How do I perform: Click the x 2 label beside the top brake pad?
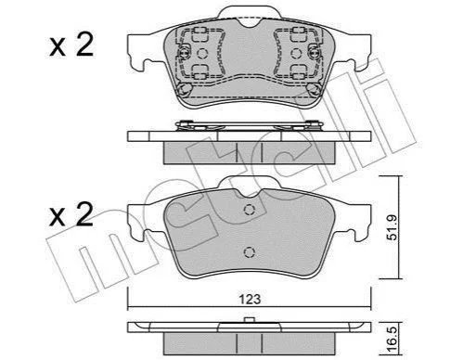[x=71, y=45]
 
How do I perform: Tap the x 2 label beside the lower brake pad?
[x=71, y=214]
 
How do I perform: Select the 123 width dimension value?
[x=250, y=299]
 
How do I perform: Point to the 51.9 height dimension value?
[x=392, y=227]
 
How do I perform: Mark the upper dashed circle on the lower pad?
[x=250, y=210]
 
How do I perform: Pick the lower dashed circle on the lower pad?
[x=250, y=252]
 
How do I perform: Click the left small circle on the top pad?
[x=202, y=54]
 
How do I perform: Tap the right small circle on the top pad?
[x=296, y=54]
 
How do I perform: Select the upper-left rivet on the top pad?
[x=185, y=53]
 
